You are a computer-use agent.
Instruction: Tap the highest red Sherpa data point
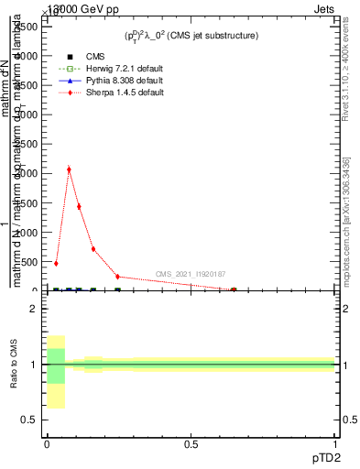coord(69,169)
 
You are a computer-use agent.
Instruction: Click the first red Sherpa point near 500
coord(56,263)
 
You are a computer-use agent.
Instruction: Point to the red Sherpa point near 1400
coord(79,206)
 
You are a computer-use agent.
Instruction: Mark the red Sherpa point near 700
coord(93,248)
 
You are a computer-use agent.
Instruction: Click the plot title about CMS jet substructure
coord(191,35)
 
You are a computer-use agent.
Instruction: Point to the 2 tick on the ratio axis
coord(33,309)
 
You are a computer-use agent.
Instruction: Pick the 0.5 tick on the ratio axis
coord(30,420)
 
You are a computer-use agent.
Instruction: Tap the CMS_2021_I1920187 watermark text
coord(191,274)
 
